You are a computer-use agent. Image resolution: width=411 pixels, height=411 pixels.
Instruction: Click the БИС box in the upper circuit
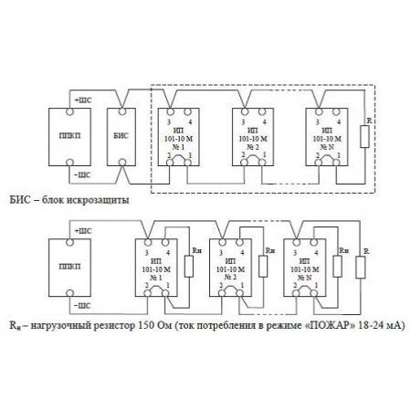click(x=121, y=137)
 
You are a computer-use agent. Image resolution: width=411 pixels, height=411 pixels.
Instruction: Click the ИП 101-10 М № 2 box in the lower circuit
click(x=229, y=268)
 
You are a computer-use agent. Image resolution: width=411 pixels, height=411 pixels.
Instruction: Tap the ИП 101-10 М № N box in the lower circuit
click(x=301, y=268)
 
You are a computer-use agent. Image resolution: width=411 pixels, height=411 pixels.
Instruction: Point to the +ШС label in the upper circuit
click(x=79, y=99)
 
